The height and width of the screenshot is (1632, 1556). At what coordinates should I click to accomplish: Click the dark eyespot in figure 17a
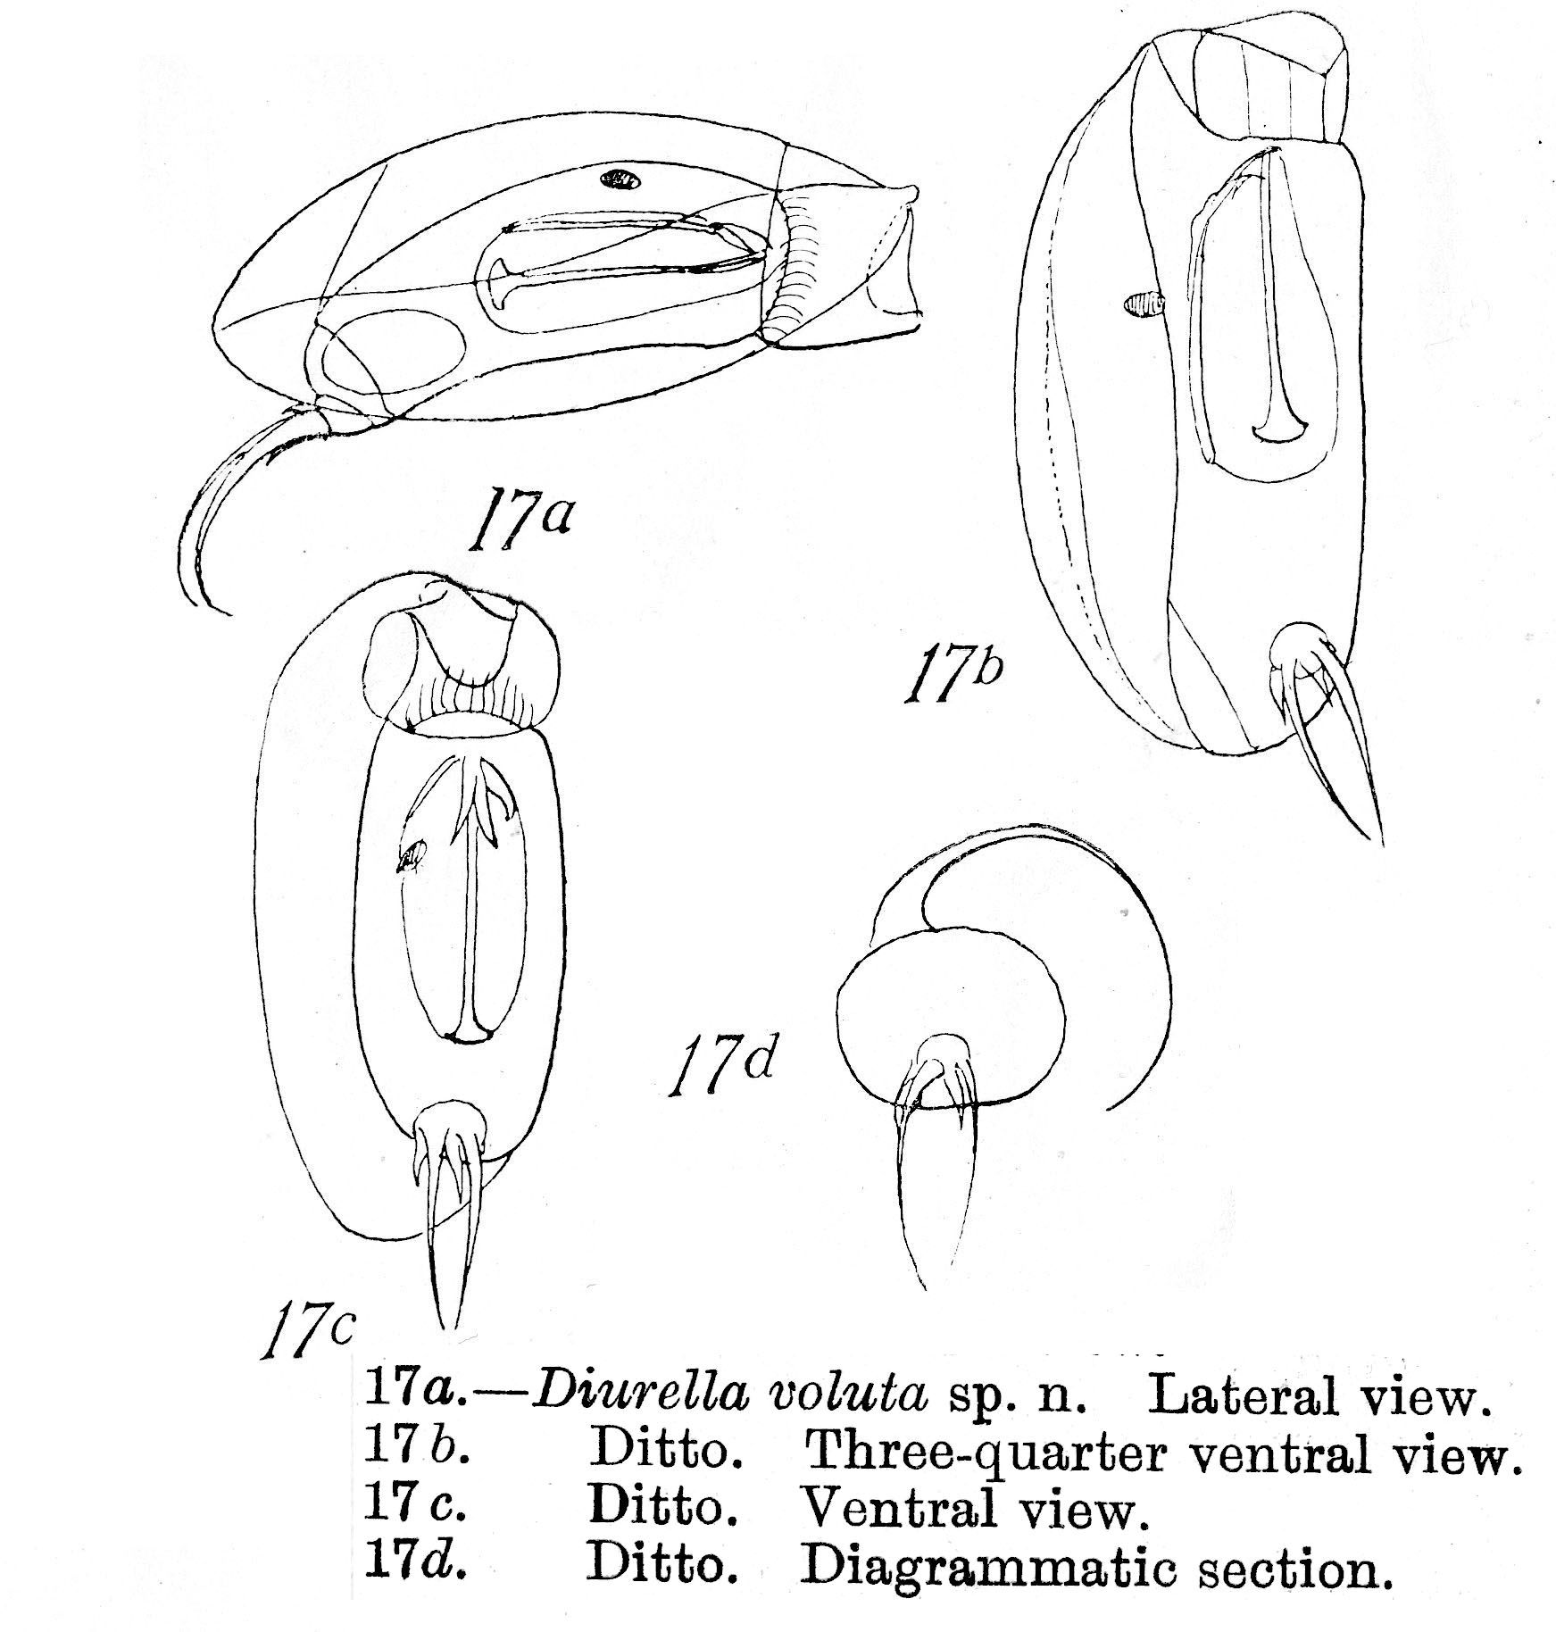pos(620,179)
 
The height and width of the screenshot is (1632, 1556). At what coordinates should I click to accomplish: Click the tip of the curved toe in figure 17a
pos(230,615)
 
